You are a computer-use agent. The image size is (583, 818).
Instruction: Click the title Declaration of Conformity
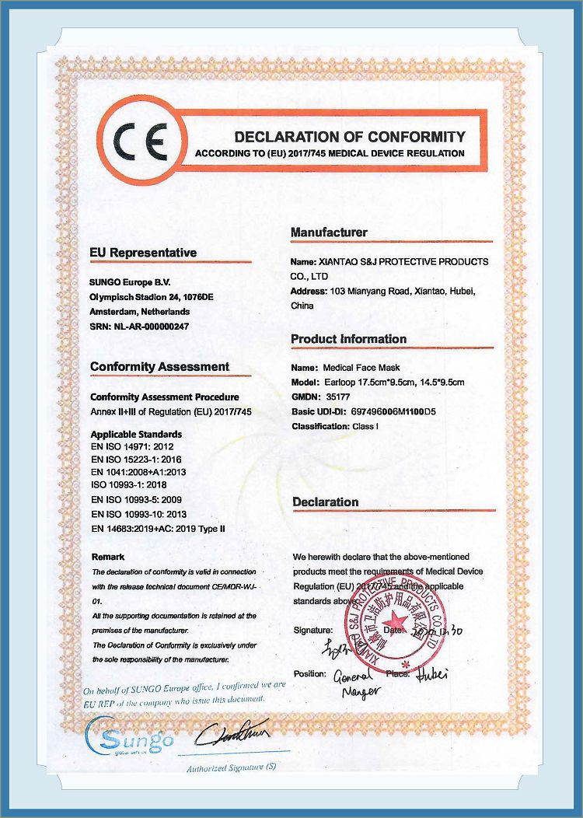tap(350, 137)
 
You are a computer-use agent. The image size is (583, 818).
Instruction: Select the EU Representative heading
tap(143, 253)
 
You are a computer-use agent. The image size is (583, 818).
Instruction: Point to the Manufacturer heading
tap(329, 232)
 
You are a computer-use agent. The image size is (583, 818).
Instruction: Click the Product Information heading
tap(348, 339)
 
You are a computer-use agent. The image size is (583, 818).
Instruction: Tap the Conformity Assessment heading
tap(159, 366)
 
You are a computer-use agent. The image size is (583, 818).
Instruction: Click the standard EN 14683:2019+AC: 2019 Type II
tap(158, 529)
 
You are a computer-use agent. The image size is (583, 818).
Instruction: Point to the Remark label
tap(107, 557)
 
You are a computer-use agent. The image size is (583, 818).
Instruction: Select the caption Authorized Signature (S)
tap(231, 768)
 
